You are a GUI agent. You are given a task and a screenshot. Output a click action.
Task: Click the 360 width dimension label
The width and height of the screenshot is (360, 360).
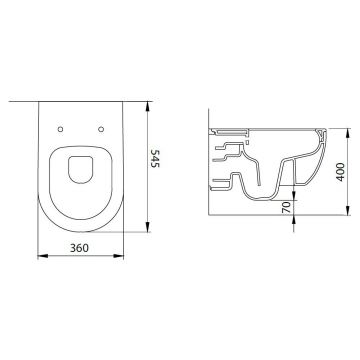point(79,248)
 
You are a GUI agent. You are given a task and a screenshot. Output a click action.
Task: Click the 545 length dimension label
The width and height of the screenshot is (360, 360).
point(155,158)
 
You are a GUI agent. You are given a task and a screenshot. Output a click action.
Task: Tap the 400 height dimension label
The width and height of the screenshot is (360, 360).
point(340,172)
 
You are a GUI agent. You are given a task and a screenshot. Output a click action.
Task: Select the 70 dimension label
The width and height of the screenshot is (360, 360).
point(286,207)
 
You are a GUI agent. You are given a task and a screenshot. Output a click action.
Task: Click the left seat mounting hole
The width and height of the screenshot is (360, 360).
point(60,129)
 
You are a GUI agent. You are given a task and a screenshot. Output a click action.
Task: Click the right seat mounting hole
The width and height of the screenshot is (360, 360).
point(101,129)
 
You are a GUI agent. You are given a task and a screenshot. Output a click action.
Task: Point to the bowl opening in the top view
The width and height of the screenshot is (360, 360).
point(80,169)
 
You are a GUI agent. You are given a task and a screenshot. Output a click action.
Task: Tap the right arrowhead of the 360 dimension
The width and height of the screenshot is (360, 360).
point(119,256)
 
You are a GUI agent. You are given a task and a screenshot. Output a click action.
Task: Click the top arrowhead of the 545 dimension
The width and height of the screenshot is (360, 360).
point(147,107)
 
